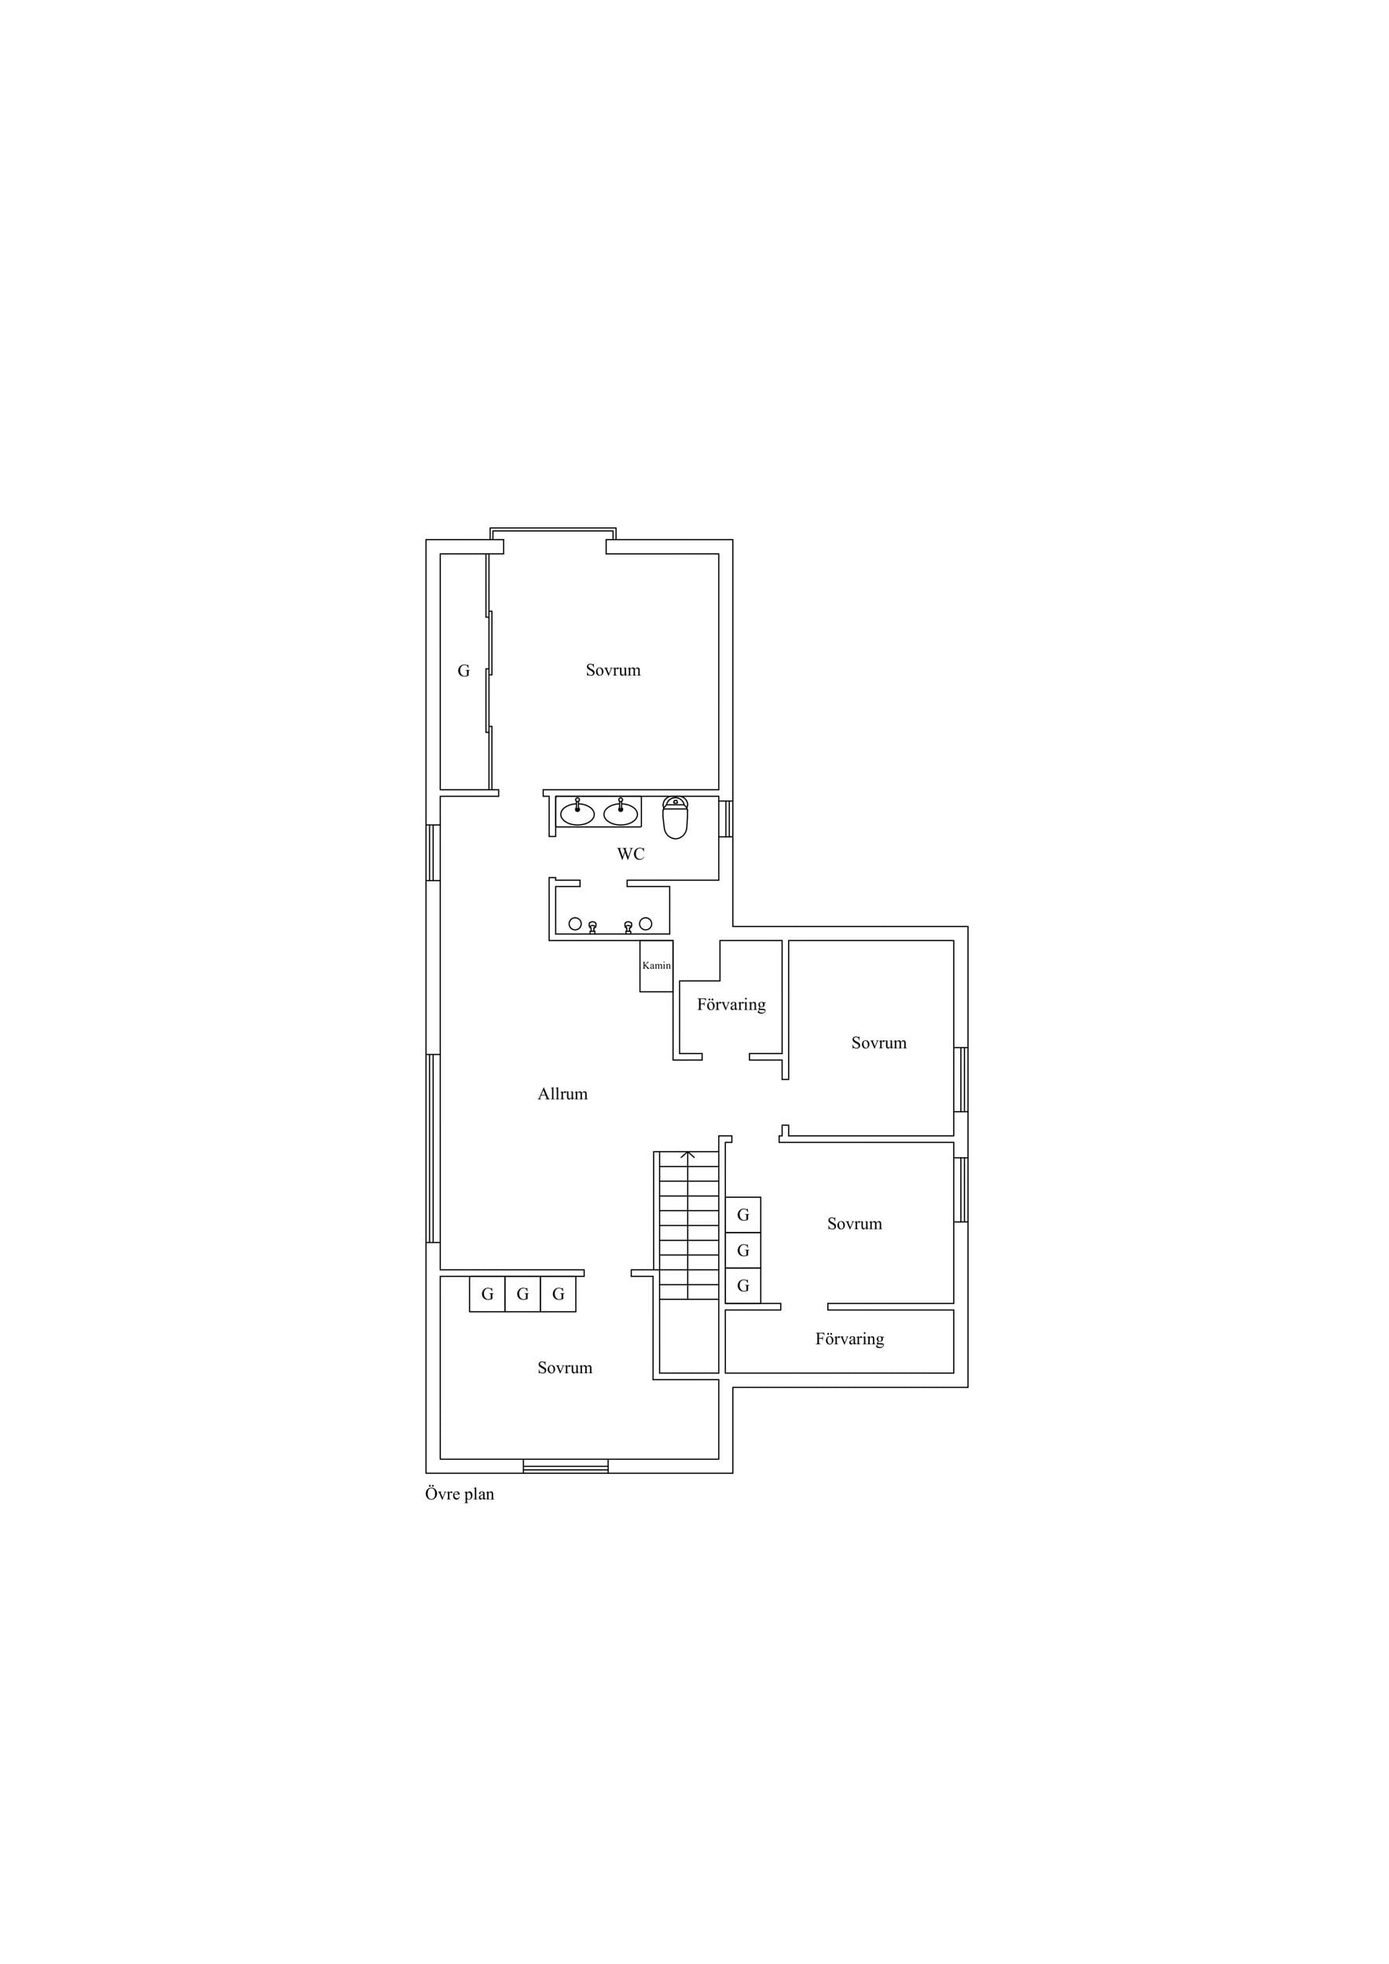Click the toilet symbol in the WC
675,817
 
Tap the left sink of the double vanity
577,812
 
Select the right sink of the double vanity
620,812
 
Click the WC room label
631,854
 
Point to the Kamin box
657,966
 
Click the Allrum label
563,1094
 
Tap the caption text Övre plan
460,1494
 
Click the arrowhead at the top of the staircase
687,1154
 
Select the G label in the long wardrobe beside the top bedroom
464,671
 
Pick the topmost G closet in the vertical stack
743,1215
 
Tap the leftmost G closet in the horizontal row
488,1294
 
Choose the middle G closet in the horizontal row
522,1294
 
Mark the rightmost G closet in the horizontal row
559,1294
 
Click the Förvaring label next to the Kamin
731,1004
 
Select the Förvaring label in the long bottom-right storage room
849,1339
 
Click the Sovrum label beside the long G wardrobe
614,670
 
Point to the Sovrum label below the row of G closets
565,1368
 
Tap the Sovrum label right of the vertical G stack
855,1223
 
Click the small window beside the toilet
726,819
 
